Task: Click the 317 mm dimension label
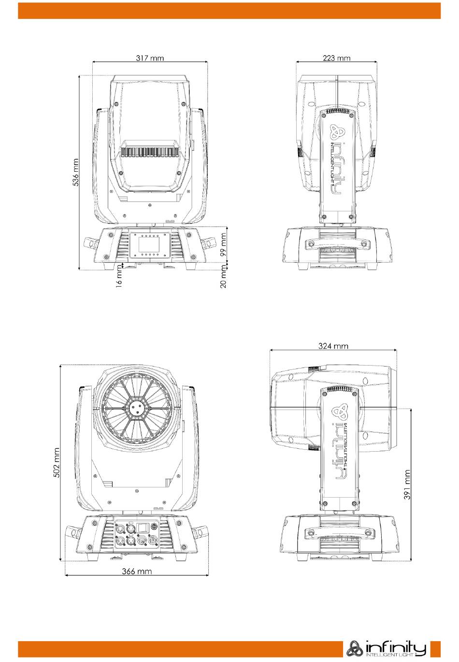150,58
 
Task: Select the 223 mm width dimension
337,58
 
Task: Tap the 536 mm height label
75,172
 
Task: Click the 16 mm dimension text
118,276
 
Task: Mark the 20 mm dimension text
223,277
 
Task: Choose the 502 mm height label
57,462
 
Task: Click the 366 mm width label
137,571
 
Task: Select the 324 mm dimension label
333,346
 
